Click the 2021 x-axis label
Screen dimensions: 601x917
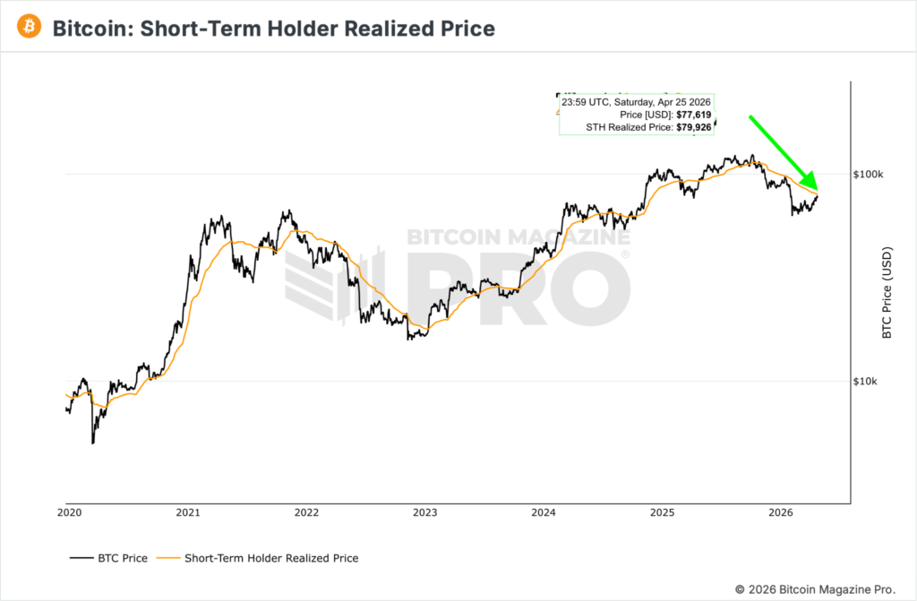[x=187, y=513]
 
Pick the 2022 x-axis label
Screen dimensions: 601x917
[x=306, y=513]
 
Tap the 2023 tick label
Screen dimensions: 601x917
[x=424, y=513]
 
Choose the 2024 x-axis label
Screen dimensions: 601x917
[x=544, y=513]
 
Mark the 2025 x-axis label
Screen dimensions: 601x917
[x=663, y=513]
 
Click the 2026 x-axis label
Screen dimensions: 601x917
[x=782, y=513]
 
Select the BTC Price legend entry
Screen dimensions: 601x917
[x=108, y=558]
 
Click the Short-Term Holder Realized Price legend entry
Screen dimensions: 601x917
[x=260, y=558]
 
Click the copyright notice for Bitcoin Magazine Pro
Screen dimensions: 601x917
[x=815, y=588]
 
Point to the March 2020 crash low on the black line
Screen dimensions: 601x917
[x=92, y=442]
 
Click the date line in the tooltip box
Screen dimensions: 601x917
[x=636, y=103]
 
